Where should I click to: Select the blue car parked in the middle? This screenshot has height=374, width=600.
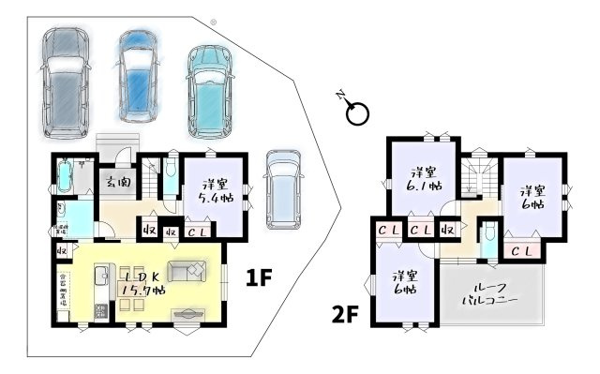[139, 75]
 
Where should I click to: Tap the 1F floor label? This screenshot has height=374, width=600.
[260, 277]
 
